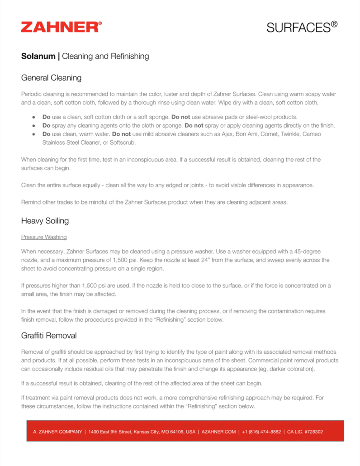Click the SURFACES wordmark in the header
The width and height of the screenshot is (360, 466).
pyautogui.click(x=302, y=27)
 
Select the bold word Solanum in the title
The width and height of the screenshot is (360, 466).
pyautogui.click(x=38, y=56)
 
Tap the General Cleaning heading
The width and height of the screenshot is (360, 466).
pyautogui.click(x=51, y=77)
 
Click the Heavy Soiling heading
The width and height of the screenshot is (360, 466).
pyautogui.click(x=45, y=221)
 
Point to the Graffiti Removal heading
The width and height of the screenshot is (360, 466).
pyautogui.click(x=49, y=336)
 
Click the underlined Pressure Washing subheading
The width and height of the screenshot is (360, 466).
pyautogui.click(x=44, y=237)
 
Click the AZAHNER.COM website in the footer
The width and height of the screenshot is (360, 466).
pyautogui.click(x=219, y=432)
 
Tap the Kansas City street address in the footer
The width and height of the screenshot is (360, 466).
pyautogui.click(x=142, y=432)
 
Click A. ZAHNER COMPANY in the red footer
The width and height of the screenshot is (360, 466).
pyautogui.click(x=57, y=432)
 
